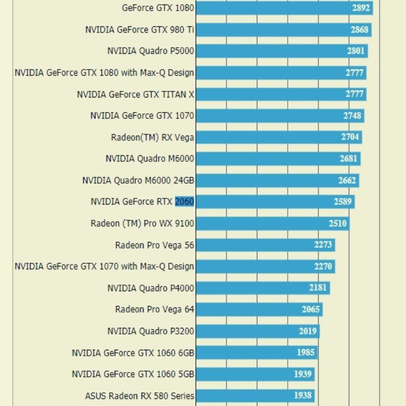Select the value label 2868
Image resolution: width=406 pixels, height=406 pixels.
click(359, 30)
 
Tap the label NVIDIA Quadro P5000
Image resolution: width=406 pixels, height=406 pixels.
click(151, 51)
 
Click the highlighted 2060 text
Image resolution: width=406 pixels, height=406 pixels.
click(184, 201)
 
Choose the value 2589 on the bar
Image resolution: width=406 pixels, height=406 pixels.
click(343, 201)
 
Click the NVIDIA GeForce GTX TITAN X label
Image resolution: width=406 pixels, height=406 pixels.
click(136, 94)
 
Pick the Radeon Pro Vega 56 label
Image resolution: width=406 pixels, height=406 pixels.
click(155, 245)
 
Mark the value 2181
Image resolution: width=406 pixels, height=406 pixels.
click(318, 288)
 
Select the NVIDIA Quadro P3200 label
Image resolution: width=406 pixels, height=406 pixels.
click(151, 331)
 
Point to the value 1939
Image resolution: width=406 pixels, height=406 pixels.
click(303, 374)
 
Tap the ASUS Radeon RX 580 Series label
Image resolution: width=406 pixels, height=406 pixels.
click(140, 395)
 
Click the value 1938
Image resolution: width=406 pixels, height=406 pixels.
click(303, 395)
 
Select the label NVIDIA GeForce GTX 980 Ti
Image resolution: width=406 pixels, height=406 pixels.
click(140, 30)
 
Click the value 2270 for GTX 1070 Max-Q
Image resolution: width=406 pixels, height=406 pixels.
click(323, 266)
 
